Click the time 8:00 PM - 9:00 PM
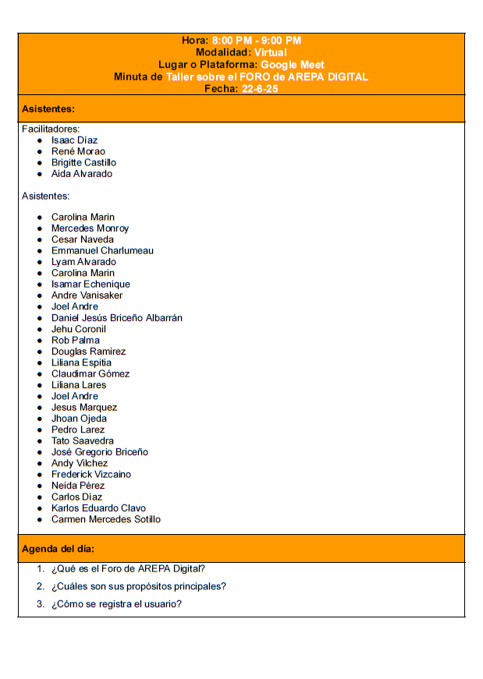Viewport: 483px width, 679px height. (256, 41)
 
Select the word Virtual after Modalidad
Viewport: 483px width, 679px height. (271, 52)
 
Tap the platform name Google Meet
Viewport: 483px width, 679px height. (293, 65)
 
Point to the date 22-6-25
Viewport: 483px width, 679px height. (260, 89)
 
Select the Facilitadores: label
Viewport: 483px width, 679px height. (51, 129)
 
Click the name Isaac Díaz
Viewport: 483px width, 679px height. (74, 140)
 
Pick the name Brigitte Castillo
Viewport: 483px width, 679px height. (83, 162)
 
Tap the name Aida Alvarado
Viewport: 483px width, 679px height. (82, 174)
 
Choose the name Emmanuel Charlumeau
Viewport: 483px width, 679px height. (102, 251)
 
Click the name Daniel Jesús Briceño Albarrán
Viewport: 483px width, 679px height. (117, 318)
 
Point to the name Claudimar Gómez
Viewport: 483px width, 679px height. (91, 374)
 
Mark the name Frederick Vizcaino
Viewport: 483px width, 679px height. (91, 475)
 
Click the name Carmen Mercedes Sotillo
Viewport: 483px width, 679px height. (106, 519)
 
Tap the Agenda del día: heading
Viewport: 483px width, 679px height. (59, 549)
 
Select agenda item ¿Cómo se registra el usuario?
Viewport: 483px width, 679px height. (117, 604)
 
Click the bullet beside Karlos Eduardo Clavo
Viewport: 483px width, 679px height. (40, 508)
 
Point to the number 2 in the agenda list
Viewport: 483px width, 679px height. (40, 586)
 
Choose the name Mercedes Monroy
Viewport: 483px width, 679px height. (90, 228)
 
